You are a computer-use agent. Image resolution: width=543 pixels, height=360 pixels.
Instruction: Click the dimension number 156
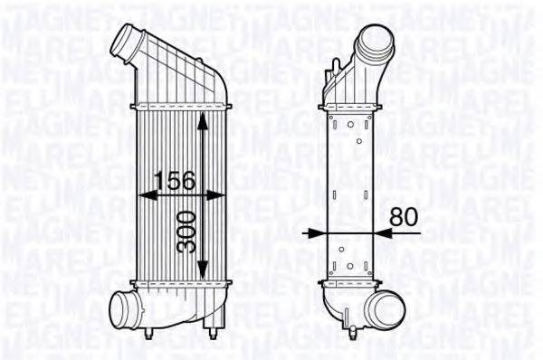click(174, 181)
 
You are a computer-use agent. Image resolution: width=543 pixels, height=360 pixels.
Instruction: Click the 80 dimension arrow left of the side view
click(313, 233)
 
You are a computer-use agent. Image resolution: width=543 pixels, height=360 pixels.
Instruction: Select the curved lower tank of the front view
click(172, 308)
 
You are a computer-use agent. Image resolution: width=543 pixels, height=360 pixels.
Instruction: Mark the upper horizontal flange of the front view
click(176, 107)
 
